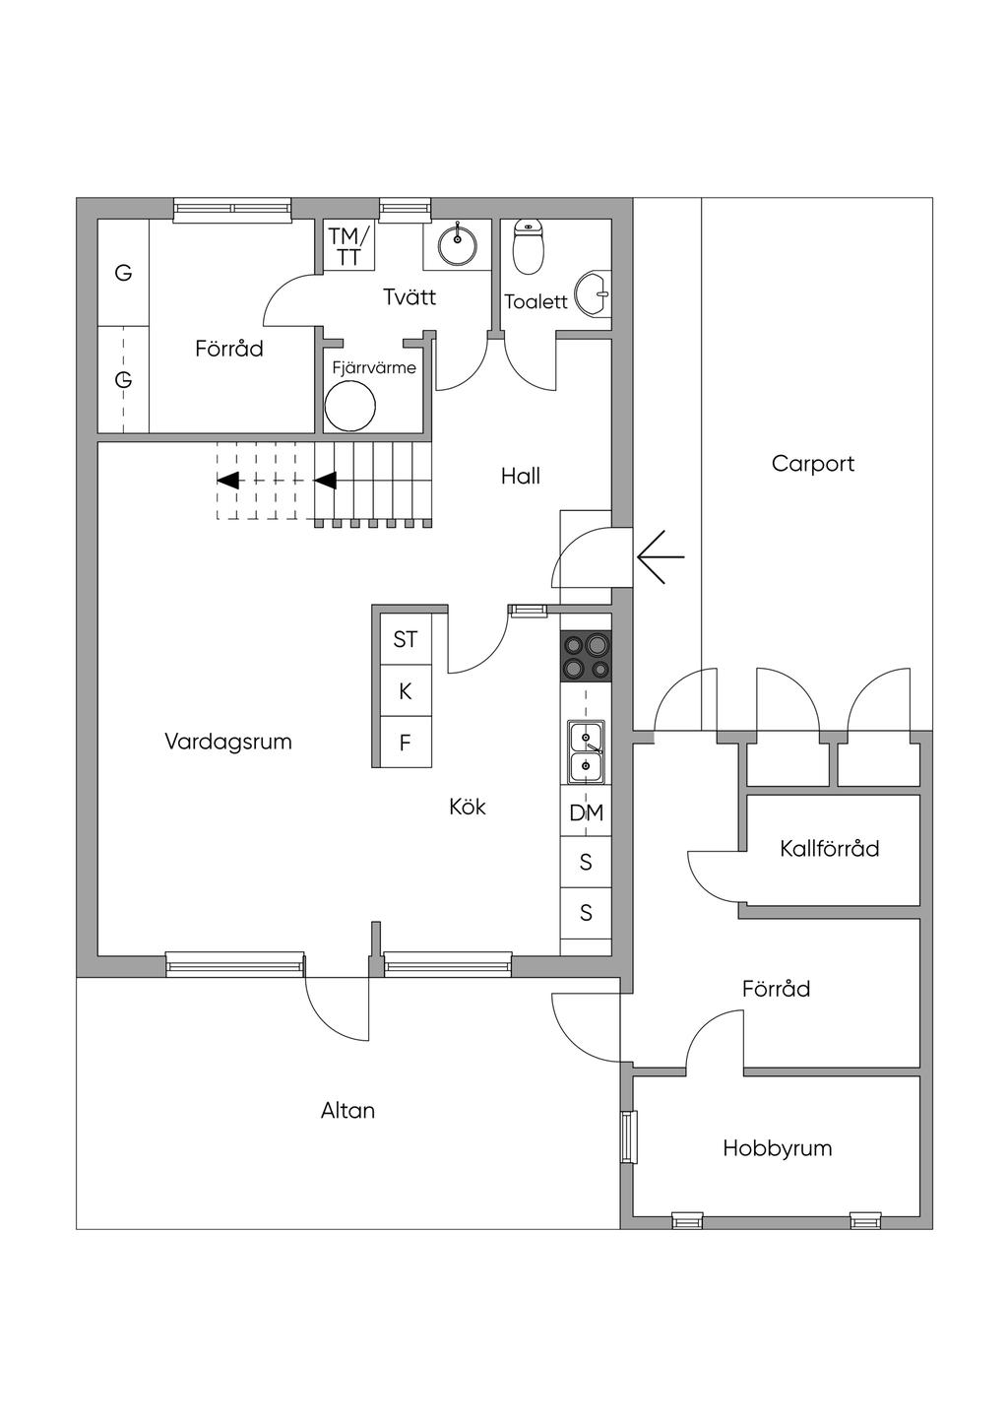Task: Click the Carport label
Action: (813, 464)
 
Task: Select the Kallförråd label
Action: (829, 849)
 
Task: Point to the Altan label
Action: (347, 1111)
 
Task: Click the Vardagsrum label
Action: (227, 742)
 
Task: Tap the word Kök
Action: (468, 808)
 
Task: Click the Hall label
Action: (521, 477)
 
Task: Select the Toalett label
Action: (535, 301)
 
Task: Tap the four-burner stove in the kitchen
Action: (586, 655)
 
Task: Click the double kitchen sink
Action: (586, 752)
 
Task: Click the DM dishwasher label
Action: (586, 812)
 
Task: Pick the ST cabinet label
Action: (405, 639)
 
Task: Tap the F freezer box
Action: (406, 743)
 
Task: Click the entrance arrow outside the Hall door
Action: (661, 557)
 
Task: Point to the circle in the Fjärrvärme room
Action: (350, 406)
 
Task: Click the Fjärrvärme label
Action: (374, 368)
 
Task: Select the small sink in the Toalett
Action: (594, 293)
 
